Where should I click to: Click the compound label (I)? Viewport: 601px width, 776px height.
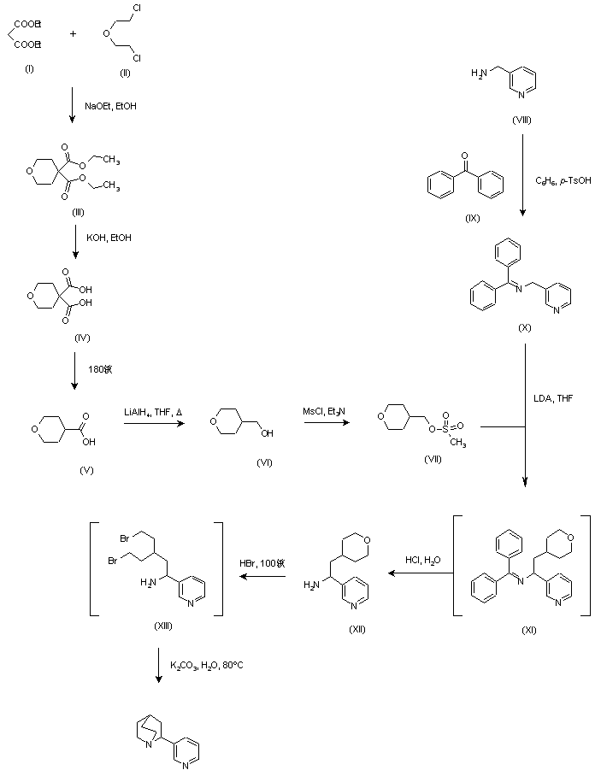click(x=30, y=68)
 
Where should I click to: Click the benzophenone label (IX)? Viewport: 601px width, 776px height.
click(x=472, y=217)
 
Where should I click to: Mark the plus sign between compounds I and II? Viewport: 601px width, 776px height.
click(x=73, y=34)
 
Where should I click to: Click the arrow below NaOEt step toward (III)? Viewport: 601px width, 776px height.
click(x=73, y=108)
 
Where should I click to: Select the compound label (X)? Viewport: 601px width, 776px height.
click(x=525, y=327)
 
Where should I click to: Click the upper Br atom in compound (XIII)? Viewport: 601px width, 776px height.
click(x=124, y=539)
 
